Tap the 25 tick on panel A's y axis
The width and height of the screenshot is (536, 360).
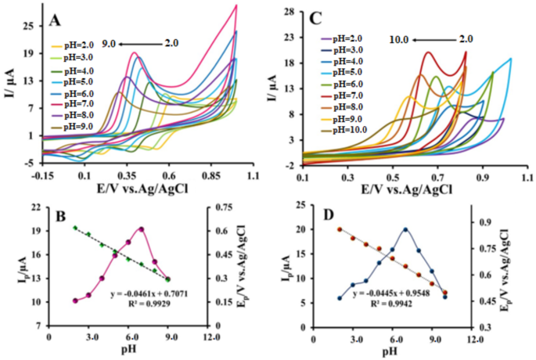click(x=27, y=26)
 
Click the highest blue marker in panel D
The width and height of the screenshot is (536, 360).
click(x=405, y=230)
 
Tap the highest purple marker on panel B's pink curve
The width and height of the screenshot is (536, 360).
click(x=142, y=229)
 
